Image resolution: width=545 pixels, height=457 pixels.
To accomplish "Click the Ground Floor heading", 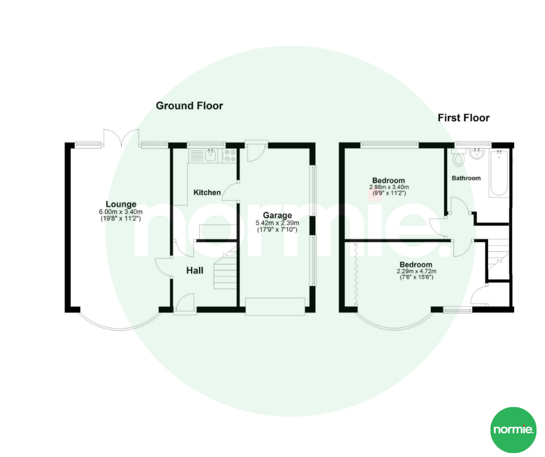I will [189, 106].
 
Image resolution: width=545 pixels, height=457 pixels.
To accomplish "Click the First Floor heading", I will [463, 118].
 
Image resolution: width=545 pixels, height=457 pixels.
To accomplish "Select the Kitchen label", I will [207, 193].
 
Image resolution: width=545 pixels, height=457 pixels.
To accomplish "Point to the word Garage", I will [277, 216].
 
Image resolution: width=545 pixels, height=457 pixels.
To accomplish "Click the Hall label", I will [194, 270].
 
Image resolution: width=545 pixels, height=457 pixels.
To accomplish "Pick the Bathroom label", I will [467, 178].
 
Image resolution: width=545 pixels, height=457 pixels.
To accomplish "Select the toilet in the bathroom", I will [460, 158].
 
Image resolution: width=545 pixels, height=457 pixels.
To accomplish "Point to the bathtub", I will [499, 172].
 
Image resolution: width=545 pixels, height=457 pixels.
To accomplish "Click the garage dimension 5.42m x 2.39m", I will [277, 223].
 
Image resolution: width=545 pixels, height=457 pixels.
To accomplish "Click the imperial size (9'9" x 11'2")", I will [388, 193].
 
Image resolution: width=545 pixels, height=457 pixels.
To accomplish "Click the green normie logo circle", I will [513, 430].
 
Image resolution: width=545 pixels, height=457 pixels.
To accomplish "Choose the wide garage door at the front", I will [275, 306].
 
